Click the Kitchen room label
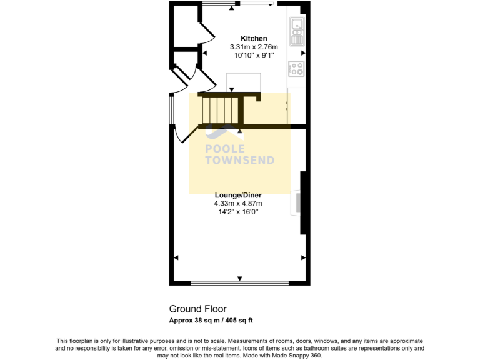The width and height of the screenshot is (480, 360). [254, 39]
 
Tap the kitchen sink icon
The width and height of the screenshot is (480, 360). [296, 31]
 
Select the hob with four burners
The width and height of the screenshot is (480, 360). [296, 69]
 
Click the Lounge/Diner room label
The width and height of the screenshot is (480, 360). [238, 195]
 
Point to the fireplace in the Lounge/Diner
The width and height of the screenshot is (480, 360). [296, 204]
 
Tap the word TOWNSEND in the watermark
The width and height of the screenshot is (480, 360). [240, 160]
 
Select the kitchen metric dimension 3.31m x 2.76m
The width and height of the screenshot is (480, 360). [254, 47]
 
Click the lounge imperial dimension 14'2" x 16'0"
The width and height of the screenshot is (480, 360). [238, 211]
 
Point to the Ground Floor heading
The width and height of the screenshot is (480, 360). [197, 309]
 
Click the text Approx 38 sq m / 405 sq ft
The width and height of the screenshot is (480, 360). [211, 321]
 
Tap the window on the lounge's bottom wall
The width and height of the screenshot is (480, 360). [239, 283]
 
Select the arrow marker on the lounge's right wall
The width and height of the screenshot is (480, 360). [303, 257]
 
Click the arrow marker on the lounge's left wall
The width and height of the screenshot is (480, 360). [176, 257]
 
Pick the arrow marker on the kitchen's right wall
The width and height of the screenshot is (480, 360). [303, 54]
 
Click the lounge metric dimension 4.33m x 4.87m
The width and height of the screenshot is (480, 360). [238, 203]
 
